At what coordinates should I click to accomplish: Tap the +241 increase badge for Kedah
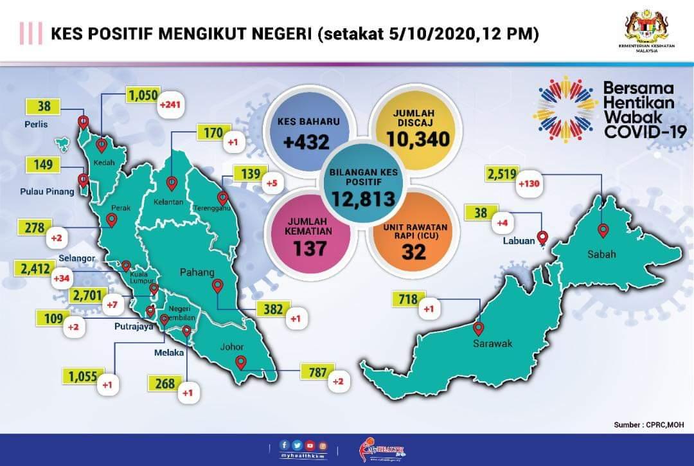point(170,104)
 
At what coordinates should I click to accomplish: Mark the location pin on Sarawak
point(479,328)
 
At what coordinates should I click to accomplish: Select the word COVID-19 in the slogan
point(645,131)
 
